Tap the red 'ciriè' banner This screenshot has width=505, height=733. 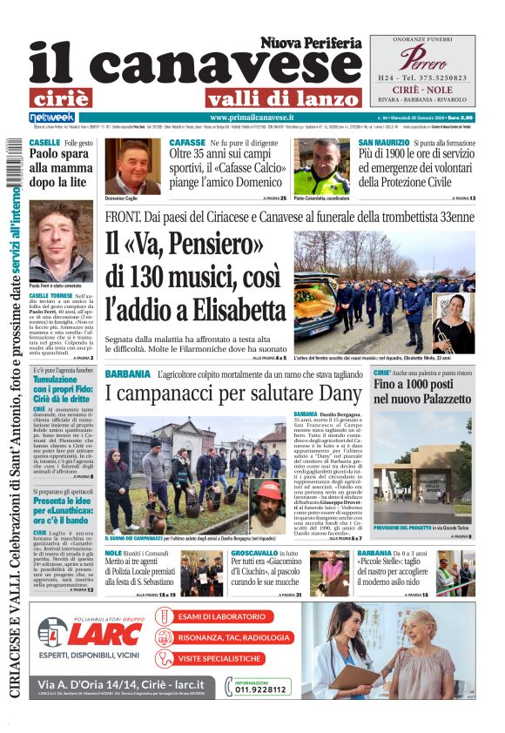click(x=72, y=98)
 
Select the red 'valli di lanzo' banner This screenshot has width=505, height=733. click(x=283, y=98)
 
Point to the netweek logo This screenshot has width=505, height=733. click(x=52, y=118)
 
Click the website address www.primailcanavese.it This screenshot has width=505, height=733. click(x=252, y=118)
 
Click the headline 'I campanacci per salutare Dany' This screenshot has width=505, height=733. click(x=228, y=393)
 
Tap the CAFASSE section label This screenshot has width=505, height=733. click(x=187, y=142)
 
